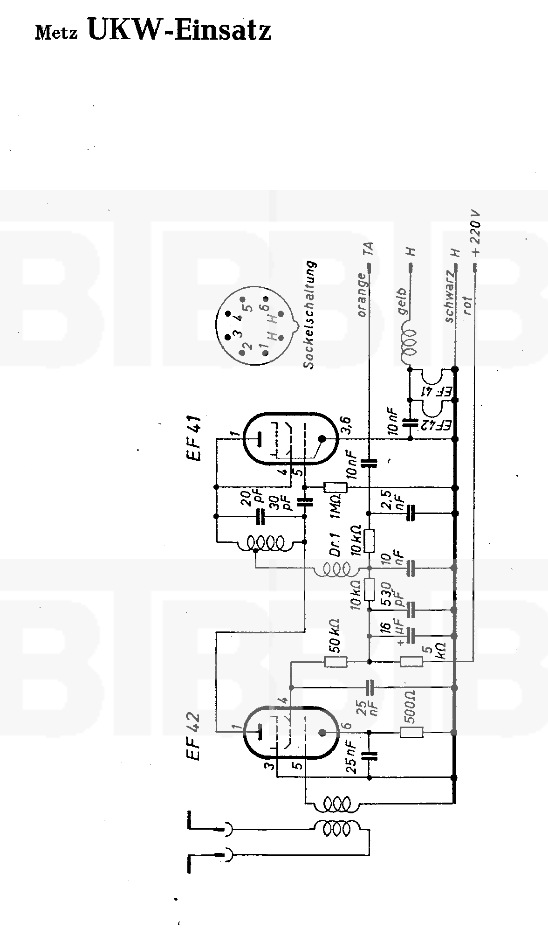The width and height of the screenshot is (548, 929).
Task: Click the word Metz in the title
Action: (x=56, y=33)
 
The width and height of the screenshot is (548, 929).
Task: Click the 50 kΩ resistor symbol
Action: (x=336, y=661)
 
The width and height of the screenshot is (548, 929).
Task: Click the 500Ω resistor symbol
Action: (x=412, y=732)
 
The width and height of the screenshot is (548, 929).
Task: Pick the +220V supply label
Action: (x=475, y=234)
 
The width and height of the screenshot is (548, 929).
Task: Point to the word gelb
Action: (x=403, y=302)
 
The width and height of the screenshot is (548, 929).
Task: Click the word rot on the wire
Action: (x=468, y=306)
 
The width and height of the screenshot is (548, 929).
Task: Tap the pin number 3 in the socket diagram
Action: (x=237, y=334)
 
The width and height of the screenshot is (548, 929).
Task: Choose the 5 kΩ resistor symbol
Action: (x=412, y=661)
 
